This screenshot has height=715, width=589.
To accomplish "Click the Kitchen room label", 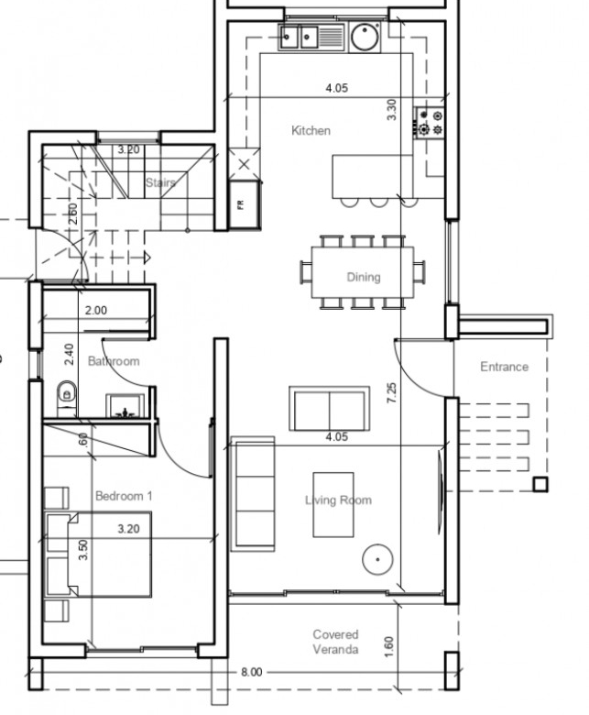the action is tap(311, 131).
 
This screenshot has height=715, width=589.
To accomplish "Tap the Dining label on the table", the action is tap(364, 277).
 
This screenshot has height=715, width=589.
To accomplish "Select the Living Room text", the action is tap(338, 500).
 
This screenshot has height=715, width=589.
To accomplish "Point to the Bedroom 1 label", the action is tap(124, 496).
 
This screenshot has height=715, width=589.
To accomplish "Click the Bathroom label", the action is tap(114, 361).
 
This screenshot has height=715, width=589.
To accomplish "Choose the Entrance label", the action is tap(505, 367).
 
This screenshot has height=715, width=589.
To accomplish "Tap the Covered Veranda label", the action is tap(336, 642).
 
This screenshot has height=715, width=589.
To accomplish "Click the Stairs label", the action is tap(160, 182).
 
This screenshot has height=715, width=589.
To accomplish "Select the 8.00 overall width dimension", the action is tap(252, 672).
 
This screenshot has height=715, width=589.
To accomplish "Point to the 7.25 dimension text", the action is tap(392, 392).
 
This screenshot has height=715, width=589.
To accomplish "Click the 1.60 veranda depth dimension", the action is tap(388, 647).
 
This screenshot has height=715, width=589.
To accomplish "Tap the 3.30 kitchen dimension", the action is tap(391, 110).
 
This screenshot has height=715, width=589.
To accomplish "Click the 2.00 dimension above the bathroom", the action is tap(96, 311).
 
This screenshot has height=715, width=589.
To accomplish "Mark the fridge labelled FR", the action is tap(245, 204).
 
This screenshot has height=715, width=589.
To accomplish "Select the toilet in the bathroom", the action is tap(67, 393).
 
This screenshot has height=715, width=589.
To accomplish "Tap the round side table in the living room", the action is tap(377, 559).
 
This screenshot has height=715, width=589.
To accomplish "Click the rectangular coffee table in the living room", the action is tap(333, 505).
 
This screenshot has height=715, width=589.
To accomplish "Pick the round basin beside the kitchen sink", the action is tap(365, 37).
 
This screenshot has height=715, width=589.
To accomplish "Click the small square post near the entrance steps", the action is tap(540, 484).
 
